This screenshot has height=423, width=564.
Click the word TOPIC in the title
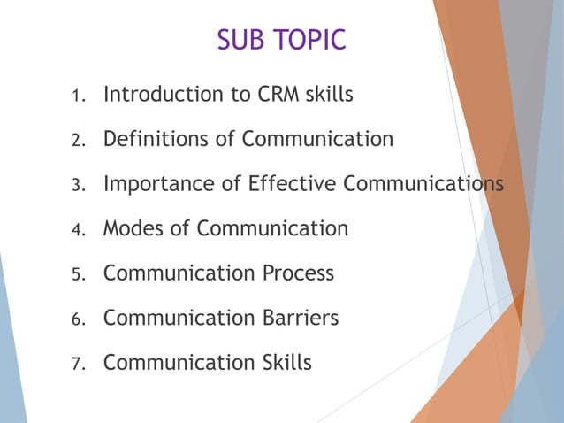[308, 41]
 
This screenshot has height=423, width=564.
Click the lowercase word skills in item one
[329, 94]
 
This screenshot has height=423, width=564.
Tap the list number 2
[77, 141]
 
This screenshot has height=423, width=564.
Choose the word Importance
[154, 184]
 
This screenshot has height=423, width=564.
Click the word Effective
[291, 183]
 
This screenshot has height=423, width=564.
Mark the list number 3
[77, 186]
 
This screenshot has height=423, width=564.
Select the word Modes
[133, 228]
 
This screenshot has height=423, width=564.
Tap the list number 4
[77, 230]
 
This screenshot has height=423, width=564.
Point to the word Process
[299, 273]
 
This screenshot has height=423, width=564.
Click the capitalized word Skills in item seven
[286, 361]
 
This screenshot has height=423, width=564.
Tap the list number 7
[77, 364]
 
